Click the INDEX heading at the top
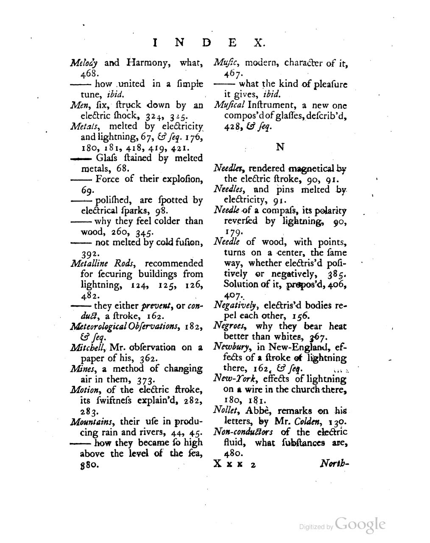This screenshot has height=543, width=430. (209, 43)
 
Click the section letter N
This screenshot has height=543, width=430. (280, 147)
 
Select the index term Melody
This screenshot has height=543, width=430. (84, 64)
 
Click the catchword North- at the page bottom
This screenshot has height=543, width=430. (335, 464)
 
